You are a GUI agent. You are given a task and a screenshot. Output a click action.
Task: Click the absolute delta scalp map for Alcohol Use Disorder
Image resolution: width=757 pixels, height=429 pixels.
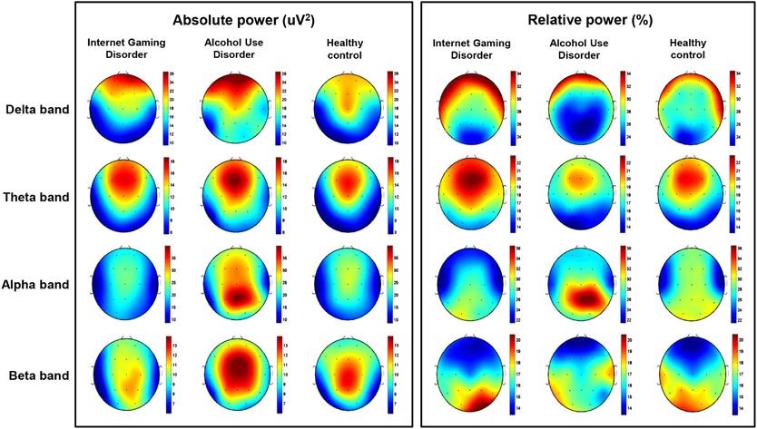(235, 108)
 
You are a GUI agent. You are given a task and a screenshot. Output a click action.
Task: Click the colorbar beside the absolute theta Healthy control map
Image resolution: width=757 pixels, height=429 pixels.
(389, 196)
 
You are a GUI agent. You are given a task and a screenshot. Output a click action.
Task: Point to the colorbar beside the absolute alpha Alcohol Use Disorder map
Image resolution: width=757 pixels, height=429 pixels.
(278, 284)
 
